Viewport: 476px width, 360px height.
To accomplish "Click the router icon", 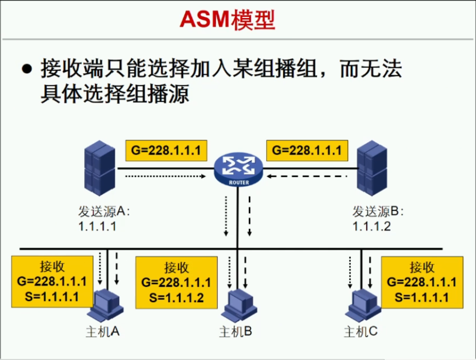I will pyautogui.click(x=238, y=170).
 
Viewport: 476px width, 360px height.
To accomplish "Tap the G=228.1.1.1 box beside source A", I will pyautogui.click(x=166, y=150).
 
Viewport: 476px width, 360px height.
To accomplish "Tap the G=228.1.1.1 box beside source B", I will pyautogui.click(x=307, y=150).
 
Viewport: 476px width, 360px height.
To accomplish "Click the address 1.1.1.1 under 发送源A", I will pyautogui.click(x=97, y=226).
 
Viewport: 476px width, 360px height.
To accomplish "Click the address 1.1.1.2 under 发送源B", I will pyautogui.click(x=372, y=226).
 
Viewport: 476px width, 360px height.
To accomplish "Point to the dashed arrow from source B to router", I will pyautogui.click(x=307, y=176).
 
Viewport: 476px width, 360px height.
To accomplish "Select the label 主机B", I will pyautogui.click(x=235, y=331).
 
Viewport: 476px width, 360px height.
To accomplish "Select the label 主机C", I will pyautogui.click(x=360, y=331).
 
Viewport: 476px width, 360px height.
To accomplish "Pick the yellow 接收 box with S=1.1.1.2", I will pyautogui.click(x=176, y=282).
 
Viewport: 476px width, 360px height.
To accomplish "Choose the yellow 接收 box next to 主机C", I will pyautogui.click(x=421, y=282).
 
